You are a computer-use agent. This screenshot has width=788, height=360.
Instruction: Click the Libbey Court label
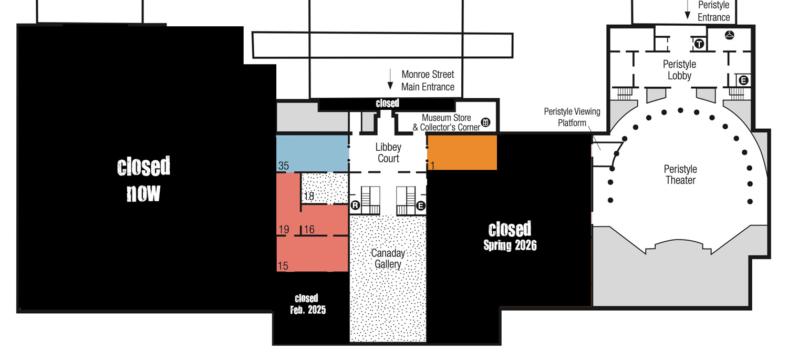[388, 153]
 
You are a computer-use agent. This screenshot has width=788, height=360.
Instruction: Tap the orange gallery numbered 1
[462, 153]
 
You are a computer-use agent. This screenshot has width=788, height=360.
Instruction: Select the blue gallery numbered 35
[313, 153]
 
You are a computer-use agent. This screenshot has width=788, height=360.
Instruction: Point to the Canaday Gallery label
[388, 258]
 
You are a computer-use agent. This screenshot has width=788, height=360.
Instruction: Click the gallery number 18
[309, 196]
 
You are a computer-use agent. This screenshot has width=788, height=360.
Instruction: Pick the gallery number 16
[309, 230]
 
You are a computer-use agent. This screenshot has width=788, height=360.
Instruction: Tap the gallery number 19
[284, 230]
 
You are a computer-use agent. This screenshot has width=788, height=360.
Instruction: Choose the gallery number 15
[283, 266]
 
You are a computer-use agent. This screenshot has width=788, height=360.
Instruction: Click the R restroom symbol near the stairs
[355, 205]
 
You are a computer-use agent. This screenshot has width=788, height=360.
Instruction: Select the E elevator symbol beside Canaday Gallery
[421, 205]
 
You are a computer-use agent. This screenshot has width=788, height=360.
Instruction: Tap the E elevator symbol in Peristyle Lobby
[743, 80]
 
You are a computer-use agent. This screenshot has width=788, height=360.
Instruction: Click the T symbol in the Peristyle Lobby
[699, 44]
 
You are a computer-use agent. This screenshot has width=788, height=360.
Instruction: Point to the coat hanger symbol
[730, 35]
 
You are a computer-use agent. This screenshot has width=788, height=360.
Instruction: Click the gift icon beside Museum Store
[485, 122]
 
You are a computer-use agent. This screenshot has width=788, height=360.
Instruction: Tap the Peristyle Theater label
[680, 174]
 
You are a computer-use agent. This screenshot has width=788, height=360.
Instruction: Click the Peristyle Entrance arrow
[687, 9]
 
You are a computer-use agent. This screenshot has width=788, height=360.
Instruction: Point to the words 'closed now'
[143, 179]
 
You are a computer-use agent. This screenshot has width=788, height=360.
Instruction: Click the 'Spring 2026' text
[510, 245]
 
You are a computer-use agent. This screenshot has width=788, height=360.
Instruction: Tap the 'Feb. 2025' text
[308, 310]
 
